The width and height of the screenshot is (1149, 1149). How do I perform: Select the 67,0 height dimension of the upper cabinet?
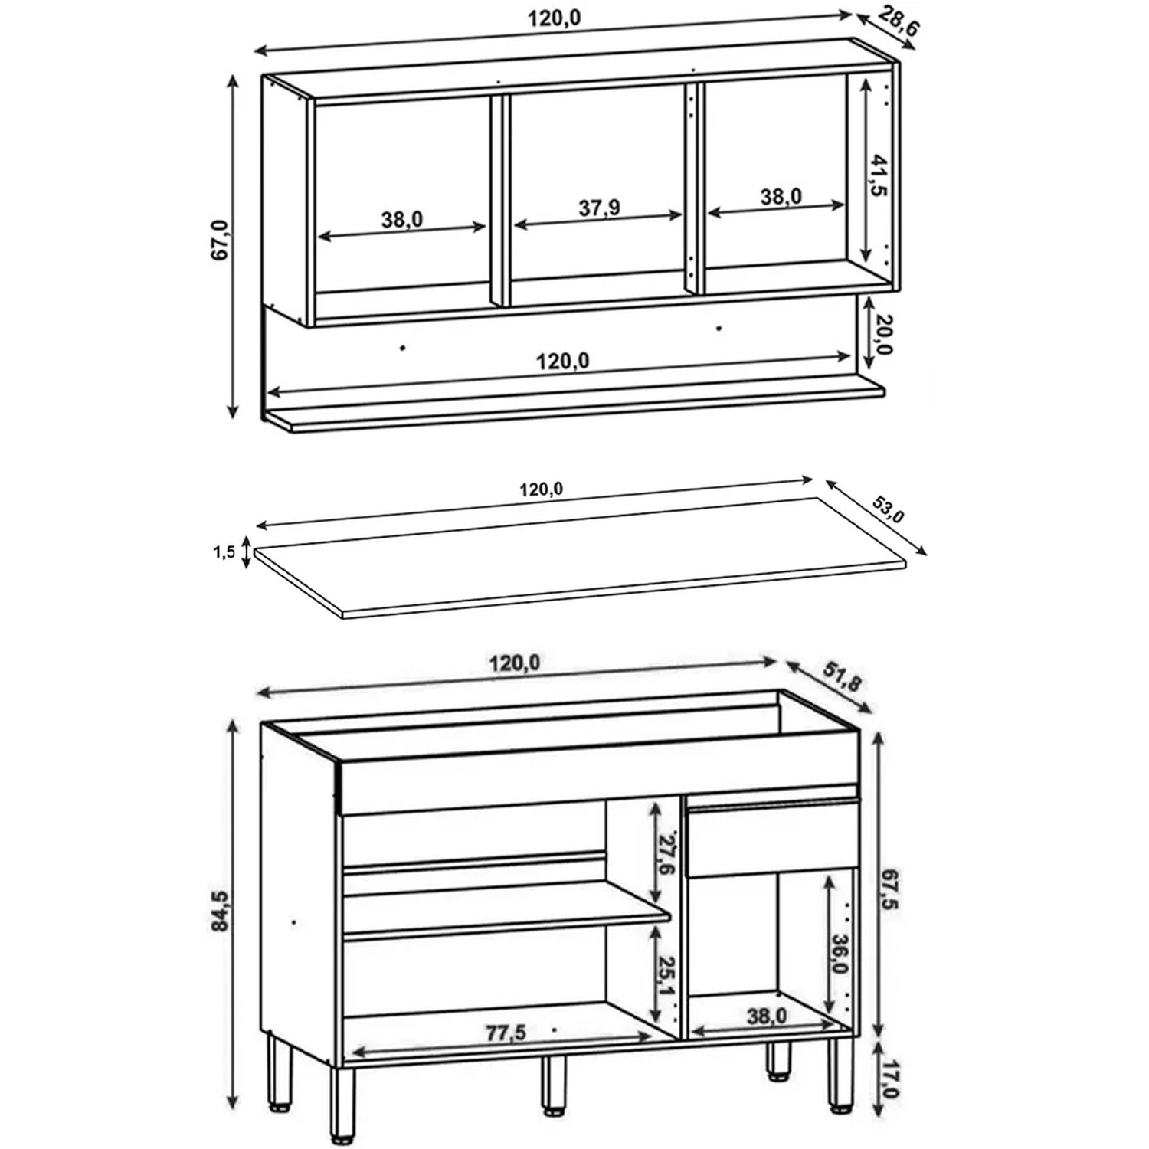tap(220, 240)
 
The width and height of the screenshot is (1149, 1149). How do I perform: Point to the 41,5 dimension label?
tap(879, 175)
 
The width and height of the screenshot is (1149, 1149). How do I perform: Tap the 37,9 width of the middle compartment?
tap(599, 208)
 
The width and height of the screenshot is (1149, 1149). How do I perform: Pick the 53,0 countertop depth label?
tap(889, 509)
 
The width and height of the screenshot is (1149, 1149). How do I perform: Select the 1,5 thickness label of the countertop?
tap(224, 552)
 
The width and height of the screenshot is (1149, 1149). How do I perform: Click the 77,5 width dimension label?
tap(506, 1033)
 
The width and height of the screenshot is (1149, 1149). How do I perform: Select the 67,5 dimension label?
tap(889, 889)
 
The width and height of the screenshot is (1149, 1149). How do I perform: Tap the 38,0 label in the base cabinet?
tap(767, 1016)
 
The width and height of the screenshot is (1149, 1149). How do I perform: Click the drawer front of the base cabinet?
tap(772, 838)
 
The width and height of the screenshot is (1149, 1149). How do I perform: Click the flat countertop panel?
tap(580, 557)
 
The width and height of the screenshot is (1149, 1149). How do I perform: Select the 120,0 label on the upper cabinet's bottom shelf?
tap(562, 361)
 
